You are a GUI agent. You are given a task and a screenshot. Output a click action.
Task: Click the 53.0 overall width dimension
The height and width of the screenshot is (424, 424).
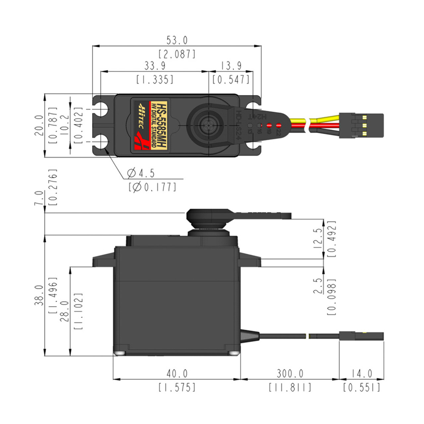tap(177, 40)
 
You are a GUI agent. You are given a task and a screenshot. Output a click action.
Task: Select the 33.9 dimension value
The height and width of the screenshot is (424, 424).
tap(155, 66)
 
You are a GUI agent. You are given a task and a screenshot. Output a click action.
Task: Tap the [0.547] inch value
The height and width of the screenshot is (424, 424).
tap(231, 79)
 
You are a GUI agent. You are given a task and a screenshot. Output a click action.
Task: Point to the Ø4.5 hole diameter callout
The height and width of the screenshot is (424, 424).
tap(141, 173)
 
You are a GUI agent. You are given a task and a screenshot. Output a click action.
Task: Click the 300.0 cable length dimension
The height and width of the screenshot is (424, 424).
tap(290, 374)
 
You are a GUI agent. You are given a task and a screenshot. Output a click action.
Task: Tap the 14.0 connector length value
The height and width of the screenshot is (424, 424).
tap(361, 374)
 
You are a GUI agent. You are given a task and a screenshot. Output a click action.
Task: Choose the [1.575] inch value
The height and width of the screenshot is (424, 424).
tap(177, 387)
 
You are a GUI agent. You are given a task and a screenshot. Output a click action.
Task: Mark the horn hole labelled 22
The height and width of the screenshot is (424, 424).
tap(279, 126)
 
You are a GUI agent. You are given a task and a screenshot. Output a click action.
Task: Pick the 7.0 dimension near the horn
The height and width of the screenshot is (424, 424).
tap(39, 198)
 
